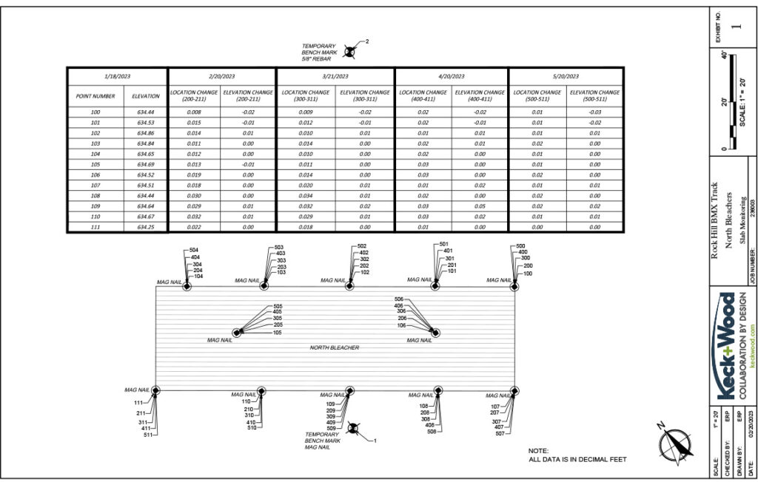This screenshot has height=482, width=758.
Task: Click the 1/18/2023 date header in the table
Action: tap(118, 76)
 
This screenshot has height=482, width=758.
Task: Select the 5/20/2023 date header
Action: tap(566, 76)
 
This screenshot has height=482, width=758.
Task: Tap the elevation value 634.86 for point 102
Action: tap(146, 133)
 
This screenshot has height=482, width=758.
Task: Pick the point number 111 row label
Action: tap(95, 227)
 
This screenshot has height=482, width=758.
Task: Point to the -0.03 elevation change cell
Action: tap(595, 112)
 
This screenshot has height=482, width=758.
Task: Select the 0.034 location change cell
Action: tap(306, 196)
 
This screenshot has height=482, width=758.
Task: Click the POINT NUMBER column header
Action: tap(95, 95)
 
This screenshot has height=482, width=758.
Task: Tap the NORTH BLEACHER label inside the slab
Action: tap(335, 347)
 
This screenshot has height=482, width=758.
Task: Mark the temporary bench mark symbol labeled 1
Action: tap(354, 429)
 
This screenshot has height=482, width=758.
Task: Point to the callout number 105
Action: tap(278, 333)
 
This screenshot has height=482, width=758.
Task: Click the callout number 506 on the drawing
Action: tap(400, 299)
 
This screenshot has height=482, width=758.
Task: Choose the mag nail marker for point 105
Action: tap(237, 333)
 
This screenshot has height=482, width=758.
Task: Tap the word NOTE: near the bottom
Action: tap(538, 451)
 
